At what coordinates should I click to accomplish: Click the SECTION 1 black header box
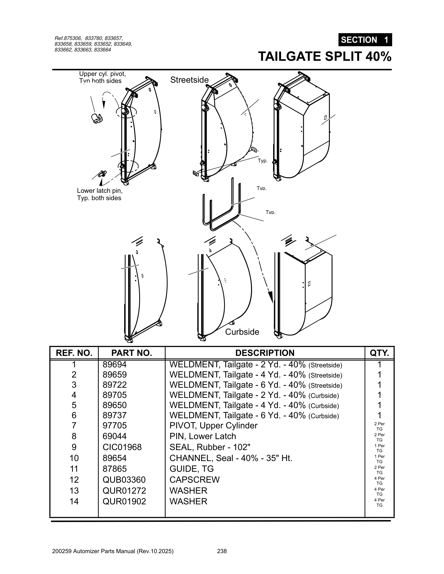[365, 40]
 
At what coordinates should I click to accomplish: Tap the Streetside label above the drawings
[189, 80]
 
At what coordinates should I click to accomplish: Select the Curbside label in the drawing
[242, 332]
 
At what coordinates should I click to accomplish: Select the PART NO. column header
[132, 353]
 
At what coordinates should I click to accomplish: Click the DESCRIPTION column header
[265, 353]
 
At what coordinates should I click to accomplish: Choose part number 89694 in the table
[115, 364]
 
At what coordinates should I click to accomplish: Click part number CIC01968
[122, 447]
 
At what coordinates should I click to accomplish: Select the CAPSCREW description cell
[194, 480]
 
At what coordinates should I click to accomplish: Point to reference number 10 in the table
[74, 458]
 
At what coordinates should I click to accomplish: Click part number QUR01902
[124, 501]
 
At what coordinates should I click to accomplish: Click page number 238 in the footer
[222, 551]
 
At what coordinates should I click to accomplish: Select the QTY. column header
[379, 353]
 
